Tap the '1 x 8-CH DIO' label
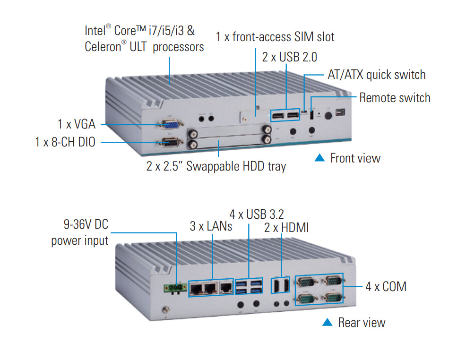(65, 142)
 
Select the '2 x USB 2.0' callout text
(289, 57)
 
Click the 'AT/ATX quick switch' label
(376, 75)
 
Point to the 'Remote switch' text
(395, 98)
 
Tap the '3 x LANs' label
(211, 226)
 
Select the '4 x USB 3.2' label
(257, 214)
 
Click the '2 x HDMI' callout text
(286, 228)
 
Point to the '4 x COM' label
(386, 286)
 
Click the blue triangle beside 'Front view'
(320, 158)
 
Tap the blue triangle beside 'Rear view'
(327, 322)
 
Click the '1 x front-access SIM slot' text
(275, 36)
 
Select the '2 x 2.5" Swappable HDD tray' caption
(216, 166)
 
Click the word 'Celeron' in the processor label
(103, 47)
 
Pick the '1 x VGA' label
(77, 124)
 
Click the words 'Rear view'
(362, 322)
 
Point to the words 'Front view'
(355, 158)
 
